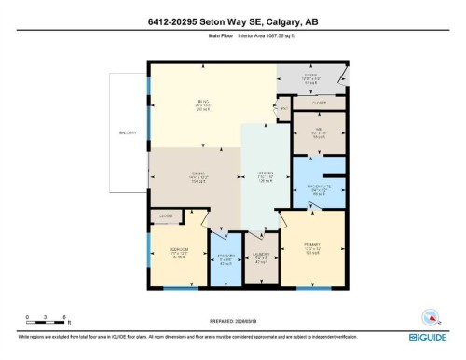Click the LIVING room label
(x=200, y=103)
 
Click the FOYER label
(x=311, y=75)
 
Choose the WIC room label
(x=319, y=131)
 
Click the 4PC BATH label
(x=225, y=258)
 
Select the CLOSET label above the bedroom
(x=167, y=215)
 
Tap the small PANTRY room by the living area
(x=284, y=109)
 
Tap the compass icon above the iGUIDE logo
(x=430, y=315)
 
